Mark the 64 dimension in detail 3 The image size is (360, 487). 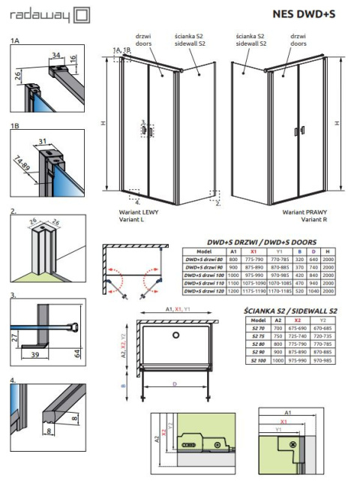tap(77, 353)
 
